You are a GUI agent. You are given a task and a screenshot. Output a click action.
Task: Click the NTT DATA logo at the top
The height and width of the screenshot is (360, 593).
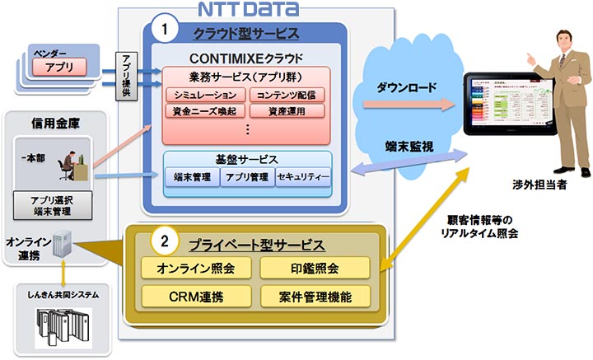[248, 10]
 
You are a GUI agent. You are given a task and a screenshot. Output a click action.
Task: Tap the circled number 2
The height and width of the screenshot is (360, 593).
[165, 242]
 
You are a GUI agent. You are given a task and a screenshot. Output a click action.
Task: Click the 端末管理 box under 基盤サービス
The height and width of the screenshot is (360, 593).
[192, 177]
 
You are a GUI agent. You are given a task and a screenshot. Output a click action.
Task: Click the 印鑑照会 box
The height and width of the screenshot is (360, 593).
[314, 269]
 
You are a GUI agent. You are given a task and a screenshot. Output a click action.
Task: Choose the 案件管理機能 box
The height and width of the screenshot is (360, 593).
[314, 295]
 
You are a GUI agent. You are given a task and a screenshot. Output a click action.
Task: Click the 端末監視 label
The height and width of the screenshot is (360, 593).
[405, 147]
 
